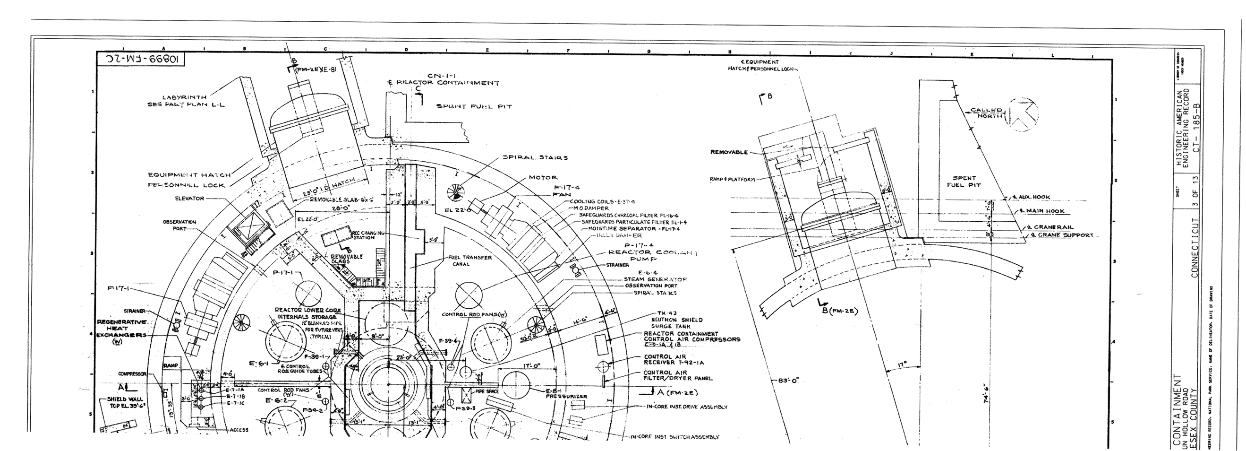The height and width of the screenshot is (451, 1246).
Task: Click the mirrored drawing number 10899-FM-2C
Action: point(141,60)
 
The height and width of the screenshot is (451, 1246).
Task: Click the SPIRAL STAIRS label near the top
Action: point(535,157)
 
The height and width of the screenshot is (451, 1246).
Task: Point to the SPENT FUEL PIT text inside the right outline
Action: point(964,181)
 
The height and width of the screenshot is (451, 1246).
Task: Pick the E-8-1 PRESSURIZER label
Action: point(566,393)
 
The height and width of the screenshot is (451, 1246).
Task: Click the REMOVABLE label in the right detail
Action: point(728,152)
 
